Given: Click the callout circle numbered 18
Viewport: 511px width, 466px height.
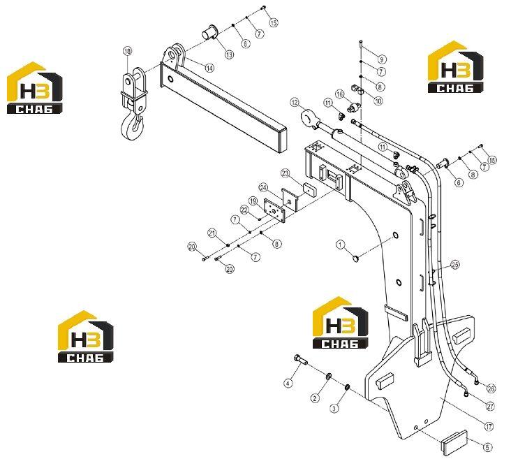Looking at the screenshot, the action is (128, 51).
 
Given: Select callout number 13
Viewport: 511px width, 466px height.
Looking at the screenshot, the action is (230, 54).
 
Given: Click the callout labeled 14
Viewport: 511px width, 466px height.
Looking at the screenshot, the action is (209, 68).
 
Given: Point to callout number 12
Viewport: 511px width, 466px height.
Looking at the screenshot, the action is (295, 103).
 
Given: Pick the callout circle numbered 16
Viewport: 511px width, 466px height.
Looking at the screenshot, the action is (339, 94).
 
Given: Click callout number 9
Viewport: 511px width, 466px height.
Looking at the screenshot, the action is (382, 59).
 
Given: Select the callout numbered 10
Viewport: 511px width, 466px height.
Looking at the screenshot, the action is (378, 101).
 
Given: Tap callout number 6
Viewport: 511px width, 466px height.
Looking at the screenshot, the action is (459, 182).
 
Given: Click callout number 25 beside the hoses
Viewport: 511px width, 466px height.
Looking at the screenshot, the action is (455, 265).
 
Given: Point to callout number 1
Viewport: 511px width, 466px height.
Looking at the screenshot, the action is (340, 245).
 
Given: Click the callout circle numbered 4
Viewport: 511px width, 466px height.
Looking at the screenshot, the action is (288, 384).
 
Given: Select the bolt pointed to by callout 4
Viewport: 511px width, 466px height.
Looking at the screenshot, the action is (300, 359).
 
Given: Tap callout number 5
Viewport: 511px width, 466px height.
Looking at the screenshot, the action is (487, 447).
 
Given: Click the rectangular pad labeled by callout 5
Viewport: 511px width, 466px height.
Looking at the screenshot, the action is (454, 442).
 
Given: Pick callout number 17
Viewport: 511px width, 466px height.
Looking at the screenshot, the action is (489, 426).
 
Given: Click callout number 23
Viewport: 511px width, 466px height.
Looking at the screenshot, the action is (286, 173).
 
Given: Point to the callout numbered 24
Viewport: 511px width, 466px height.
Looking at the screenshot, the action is (263, 187).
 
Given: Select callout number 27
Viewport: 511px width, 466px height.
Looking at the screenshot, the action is (490, 407).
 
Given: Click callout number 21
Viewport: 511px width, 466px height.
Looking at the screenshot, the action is (212, 233).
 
